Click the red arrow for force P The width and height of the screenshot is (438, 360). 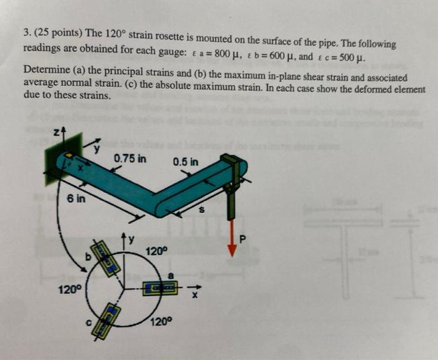232,238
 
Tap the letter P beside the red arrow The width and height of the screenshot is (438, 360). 243,239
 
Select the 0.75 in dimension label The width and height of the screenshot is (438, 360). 130,158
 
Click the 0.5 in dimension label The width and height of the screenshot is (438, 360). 186,162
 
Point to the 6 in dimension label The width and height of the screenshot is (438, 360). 76,198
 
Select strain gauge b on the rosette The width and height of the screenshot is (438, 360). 106,258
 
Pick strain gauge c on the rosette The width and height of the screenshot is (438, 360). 106,322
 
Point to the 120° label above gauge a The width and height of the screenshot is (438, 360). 156,251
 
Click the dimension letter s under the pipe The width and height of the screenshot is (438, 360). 201,209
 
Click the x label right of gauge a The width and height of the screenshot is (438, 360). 195,295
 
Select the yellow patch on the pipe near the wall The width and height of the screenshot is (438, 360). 69,155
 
